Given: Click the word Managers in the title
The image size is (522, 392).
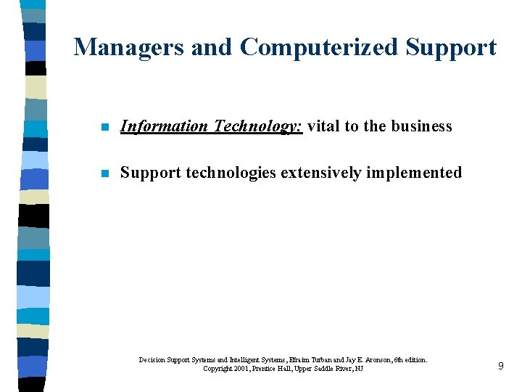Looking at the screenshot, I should [x=128, y=47].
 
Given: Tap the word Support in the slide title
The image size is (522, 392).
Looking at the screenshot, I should [x=451, y=47].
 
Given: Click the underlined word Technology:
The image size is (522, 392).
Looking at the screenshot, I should [x=257, y=126].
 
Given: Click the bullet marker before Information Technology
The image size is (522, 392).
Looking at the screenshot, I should [x=104, y=127].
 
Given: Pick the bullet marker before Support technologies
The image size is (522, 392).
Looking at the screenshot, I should [x=104, y=173].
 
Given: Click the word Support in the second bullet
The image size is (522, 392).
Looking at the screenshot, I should [x=150, y=173].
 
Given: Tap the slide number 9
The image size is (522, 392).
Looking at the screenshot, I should [x=500, y=366].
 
